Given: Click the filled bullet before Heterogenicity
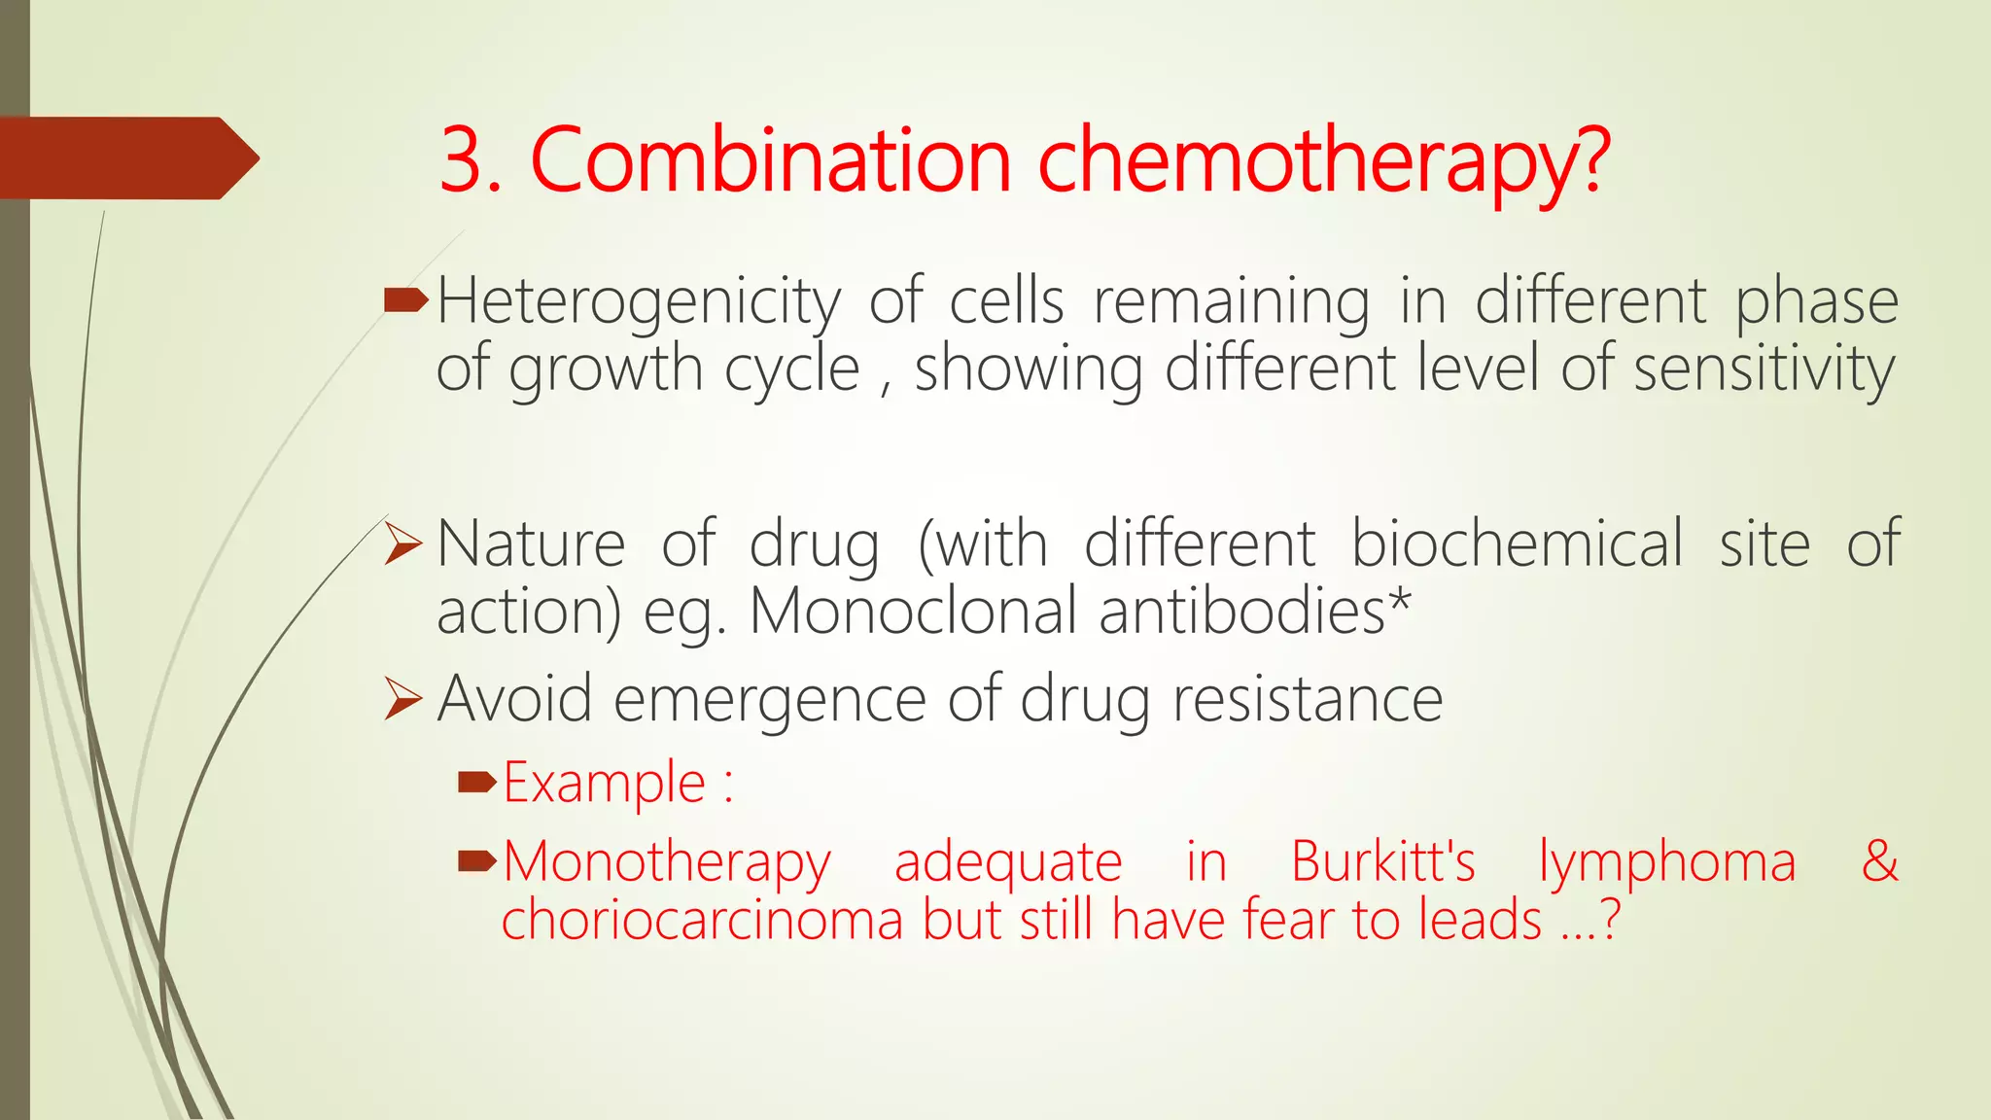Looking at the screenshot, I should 405,301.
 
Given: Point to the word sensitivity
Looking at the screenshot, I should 1764,369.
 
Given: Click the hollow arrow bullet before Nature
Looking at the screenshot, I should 402,543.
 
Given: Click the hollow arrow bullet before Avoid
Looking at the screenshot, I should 402,698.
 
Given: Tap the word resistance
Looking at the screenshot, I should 1308,698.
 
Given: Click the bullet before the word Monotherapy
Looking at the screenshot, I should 477,860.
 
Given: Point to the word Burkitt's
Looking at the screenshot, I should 1382,861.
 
